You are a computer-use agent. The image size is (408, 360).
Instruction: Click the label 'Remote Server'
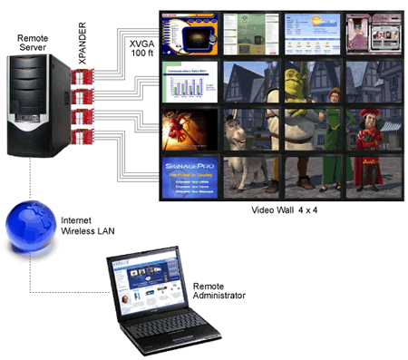coord(35,42)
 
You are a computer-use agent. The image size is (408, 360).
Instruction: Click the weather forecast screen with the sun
coord(311,34)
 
